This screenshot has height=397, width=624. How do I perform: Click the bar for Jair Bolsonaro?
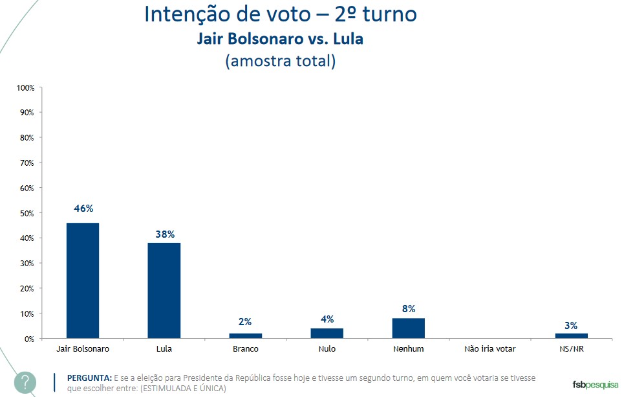tap(83, 280)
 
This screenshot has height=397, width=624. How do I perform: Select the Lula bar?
tap(164, 290)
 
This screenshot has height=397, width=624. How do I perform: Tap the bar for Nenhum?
tap(408, 328)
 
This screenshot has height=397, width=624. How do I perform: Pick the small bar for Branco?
tap(245, 335)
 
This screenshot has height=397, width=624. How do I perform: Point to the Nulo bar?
tap(327, 334)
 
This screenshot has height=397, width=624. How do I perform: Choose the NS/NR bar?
tap(571, 335)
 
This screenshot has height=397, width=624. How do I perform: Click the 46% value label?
tap(83, 209)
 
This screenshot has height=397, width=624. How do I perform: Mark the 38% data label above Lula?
tap(164, 234)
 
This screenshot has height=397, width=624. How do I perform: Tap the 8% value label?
tap(408, 309)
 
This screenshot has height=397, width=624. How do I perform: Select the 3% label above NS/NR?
tap(571, 325)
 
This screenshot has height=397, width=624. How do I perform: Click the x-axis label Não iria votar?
tap(490, 349)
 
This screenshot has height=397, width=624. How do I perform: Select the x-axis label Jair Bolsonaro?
tap(83, 349)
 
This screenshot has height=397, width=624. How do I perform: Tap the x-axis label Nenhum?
tap(408, 349)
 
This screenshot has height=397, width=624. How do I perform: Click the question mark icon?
tap(25, 381)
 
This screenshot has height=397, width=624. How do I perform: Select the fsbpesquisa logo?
tap(595, 385)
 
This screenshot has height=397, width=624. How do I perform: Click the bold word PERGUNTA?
tap(89, 377)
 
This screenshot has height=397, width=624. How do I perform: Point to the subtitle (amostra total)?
tap(280, 62)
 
